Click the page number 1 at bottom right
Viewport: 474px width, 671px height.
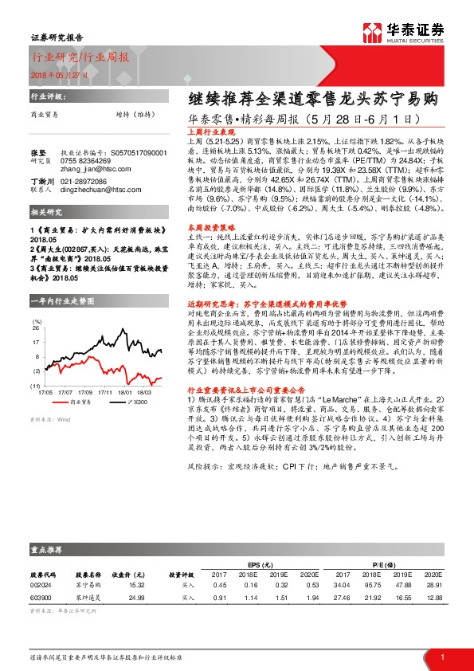(442, 656)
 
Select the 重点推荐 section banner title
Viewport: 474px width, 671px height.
(49, 550)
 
